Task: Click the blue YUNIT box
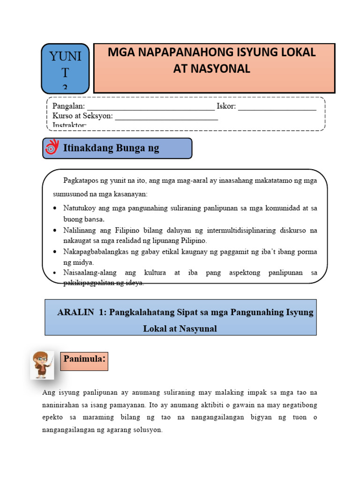(65, 68)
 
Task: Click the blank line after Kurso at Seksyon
(166, 117)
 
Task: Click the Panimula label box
(84, 361)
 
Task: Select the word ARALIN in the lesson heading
(75, 313)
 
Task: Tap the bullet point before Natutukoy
(56, 208)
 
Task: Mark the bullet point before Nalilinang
(56, 231)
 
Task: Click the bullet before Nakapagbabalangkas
(56, 252)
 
